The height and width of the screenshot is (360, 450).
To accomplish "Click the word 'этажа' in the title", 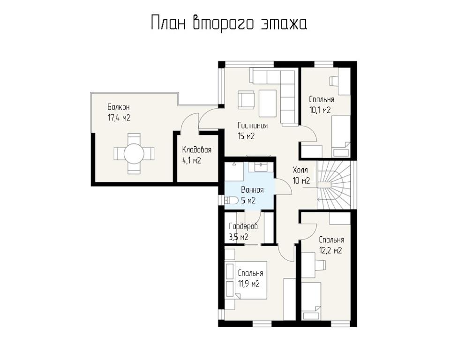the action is (284, 23).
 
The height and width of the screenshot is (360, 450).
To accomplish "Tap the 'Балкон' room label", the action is (119, 107).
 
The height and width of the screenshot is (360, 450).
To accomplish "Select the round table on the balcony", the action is (134, 154).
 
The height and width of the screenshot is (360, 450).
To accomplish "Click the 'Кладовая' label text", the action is (196, 150).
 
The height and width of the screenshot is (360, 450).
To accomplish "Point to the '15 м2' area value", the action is (246, 136).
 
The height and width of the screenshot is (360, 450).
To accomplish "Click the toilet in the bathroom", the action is (231, 200).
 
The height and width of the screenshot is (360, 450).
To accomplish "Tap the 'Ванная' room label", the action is (252, 190).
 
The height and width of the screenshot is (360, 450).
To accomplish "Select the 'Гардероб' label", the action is (243, 226).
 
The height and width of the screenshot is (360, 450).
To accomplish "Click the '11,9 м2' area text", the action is (249, 284).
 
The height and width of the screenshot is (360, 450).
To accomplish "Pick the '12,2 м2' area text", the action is (330, 250).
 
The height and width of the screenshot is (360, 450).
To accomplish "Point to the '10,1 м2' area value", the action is (320, 110).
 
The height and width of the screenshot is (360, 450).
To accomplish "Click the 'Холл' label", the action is (300, 170).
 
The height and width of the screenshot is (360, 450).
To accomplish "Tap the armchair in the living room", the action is (246, 100).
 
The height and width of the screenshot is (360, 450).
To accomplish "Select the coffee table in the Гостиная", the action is (268, 103).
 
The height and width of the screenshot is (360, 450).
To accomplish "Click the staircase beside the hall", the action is (334, 185).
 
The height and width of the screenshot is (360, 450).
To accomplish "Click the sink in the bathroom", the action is (261, 166).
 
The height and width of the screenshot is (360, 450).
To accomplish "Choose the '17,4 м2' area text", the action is (119, 118).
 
